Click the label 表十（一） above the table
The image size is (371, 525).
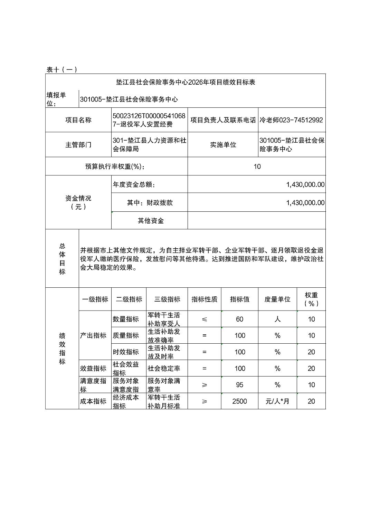62,69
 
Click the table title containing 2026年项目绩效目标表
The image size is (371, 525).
185,82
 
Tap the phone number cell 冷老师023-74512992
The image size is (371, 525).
291,120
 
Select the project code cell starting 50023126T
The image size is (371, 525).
149,120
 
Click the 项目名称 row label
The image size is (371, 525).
78,120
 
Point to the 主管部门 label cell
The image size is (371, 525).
78,145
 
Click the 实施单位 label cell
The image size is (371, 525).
223,145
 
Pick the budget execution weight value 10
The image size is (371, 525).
257,166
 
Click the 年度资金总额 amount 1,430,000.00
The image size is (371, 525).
305,184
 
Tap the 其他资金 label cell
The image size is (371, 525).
151,220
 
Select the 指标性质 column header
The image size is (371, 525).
204,299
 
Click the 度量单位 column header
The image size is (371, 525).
277,299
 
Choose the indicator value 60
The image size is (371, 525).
240,319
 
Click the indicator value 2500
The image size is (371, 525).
240,401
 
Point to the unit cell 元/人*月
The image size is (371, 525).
277,401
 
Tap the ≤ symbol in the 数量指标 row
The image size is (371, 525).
204,319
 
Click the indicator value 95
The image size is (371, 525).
240,385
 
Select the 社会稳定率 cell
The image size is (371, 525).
164,369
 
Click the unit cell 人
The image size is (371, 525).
277,319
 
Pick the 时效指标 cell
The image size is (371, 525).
126,352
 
